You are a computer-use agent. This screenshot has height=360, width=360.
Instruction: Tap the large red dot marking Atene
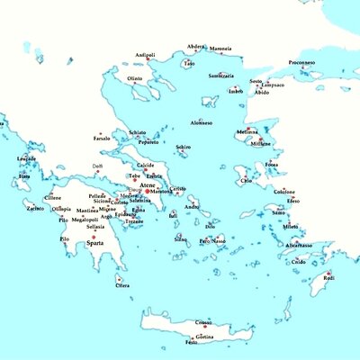148,191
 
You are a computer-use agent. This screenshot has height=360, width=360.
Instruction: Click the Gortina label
203,337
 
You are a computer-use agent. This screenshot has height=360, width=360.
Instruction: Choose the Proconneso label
327,62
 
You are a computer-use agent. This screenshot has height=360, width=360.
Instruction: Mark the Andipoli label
145,55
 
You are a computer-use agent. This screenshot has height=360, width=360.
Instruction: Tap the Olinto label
135,78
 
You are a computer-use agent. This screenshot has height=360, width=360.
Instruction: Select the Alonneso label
202,122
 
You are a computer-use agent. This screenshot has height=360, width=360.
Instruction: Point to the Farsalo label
102,139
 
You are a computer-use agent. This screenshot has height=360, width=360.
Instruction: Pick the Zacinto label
35,208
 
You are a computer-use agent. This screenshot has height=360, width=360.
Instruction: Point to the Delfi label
98,166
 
